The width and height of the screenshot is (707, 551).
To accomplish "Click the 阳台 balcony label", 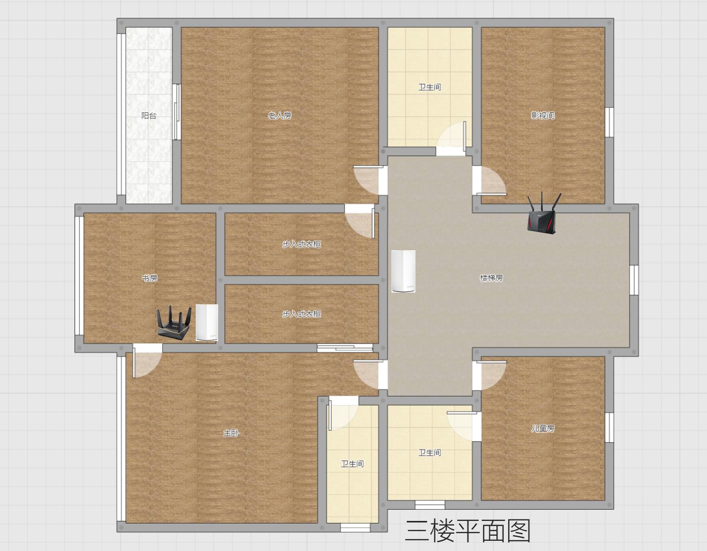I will [x=149, y=116].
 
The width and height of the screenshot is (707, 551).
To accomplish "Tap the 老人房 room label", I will [x=280, y=116].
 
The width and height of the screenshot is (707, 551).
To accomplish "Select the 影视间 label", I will [x=543, y=115].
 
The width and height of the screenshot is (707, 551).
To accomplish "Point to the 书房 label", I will [x=150, y=278].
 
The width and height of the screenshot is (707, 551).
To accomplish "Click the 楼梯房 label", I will [x=491, y=278].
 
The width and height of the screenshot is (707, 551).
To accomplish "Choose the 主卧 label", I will [x=231, y=433].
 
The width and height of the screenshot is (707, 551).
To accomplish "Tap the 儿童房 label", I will [x=543, y=428].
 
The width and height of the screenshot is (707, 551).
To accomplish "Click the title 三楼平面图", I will [x=467, y=531].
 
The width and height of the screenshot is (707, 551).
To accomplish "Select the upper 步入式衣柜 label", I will [x=302, y=244].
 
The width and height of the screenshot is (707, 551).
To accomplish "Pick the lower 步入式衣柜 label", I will [x=302, y=314].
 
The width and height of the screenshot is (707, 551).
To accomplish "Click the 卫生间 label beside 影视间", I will [x=430, y=87].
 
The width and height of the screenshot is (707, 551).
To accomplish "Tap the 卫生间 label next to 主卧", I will [x=352, y=464].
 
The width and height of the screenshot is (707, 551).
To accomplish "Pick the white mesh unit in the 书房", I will [x=207, y=322].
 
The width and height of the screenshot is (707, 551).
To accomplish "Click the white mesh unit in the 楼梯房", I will [x=403, y=271].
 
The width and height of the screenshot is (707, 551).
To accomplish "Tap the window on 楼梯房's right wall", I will [x=634, y=280].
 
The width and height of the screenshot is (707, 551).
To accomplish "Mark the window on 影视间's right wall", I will [x=609, y=122].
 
